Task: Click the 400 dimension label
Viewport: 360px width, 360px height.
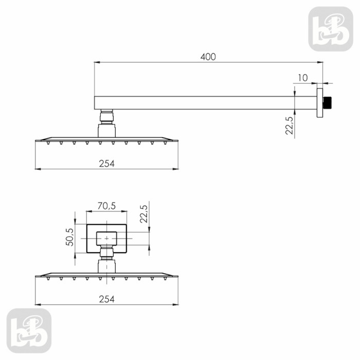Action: pyautogui.click(x=208, y=57)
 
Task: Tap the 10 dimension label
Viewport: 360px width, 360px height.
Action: pyautogui.click(x=303, y=78)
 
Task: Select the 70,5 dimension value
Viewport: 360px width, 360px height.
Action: pyautogui.click(x=106, y=206)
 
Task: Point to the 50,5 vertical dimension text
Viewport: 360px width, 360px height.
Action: pyautogui.click(x=70, y=237)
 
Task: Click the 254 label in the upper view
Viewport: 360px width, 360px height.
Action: pyautogui.click(x=107, y=164)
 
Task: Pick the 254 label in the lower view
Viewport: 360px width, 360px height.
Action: pyautogui.click(x=107, y=299)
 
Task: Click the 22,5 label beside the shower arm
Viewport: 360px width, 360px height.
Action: pyautogui.click(x=289, y=125)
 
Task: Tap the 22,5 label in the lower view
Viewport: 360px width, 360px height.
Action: pyautogui.click(x=143, y=214)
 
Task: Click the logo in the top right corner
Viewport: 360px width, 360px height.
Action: pyautogui.click(x=331, y=29)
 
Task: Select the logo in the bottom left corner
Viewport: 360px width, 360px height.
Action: pyautogui.click(x=29, y=331)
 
